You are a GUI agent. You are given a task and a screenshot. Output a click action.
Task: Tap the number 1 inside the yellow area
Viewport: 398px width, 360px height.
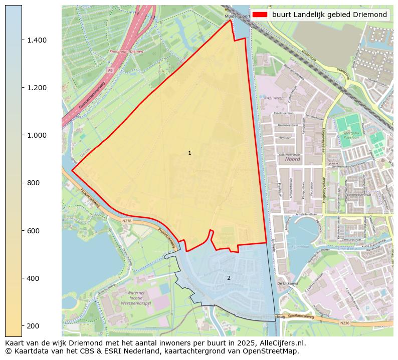[189, 153]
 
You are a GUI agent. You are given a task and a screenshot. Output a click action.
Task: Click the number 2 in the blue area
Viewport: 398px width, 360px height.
[229, 278]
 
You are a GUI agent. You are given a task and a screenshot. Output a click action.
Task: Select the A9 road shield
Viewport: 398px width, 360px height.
[110, 71]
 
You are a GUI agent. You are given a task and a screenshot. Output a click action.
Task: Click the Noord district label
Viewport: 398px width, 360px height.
[292, 159]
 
